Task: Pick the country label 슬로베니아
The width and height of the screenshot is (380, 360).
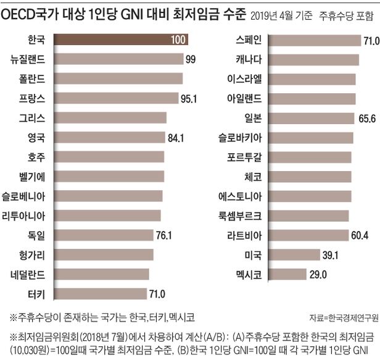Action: [x=24, y=196]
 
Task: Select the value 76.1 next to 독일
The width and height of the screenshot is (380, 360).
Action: [x=165, y=235]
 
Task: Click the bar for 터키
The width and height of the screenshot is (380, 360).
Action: [x=102, y=294]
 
